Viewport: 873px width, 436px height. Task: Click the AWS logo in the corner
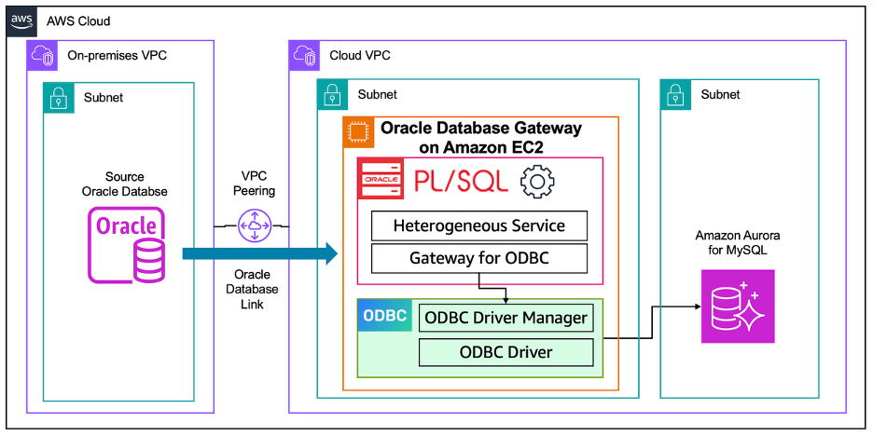tap(21, 21)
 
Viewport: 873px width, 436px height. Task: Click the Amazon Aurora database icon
tap(738, 307)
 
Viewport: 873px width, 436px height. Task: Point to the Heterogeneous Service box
tap(479, 225)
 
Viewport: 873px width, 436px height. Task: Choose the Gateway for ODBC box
tap(479, 258)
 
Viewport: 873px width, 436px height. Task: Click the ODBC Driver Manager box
tap(506, 318)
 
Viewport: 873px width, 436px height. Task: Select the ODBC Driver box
tap(506, 352)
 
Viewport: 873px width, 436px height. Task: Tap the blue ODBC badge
tap(384, 316)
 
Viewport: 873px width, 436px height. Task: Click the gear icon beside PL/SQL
tap(537, 181)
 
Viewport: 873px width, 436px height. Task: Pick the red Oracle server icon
tap(381, 179)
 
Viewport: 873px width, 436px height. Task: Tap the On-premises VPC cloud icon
tap(43, 56)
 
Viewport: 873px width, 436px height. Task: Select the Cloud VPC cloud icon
tap(305, 56)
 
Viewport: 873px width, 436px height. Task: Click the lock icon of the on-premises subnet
tap(59, 97)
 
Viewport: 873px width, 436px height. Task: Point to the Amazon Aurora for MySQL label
tap(738, 243)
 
